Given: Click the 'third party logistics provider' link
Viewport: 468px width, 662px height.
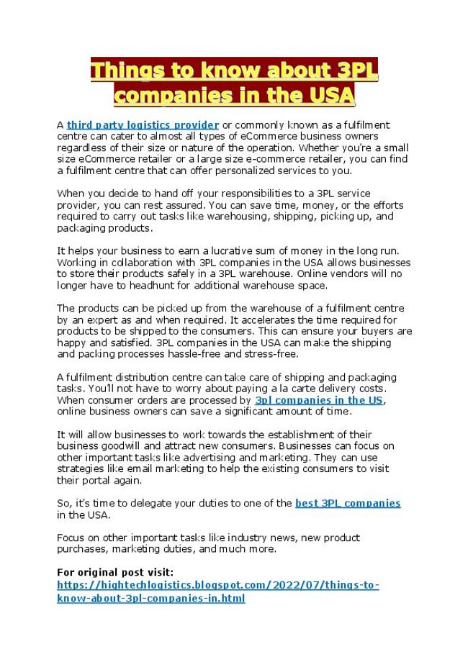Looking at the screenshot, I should (143, 124).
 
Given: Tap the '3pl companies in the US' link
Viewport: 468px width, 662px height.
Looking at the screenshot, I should (319, 400).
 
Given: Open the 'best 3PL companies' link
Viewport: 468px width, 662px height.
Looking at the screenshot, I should (348, 503).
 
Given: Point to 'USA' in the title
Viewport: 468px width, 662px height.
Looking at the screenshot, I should (330, 95).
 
